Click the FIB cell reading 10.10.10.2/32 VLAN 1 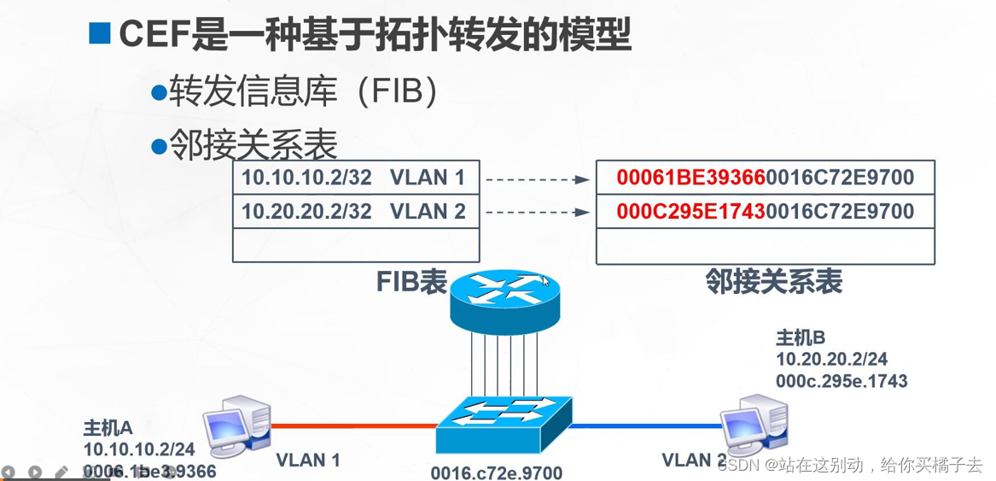click(x=355, y=178)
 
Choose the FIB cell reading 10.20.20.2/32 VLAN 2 click(x=355, y=211)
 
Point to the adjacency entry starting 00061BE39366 click(x=765, y=178)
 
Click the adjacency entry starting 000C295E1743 click(x=765, y=211)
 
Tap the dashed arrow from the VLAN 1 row click(x=537, y=179)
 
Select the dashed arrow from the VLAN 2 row click(x=537, y=212)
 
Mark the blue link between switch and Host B click(x=644, y=425)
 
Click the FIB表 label click(x=411, y=283)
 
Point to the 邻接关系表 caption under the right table click(x=773, y=281)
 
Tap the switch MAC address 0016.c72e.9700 click(x=497, y=472)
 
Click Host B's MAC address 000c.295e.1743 click(x=841, y=380)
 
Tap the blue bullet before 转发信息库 click(x=157, y=92)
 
